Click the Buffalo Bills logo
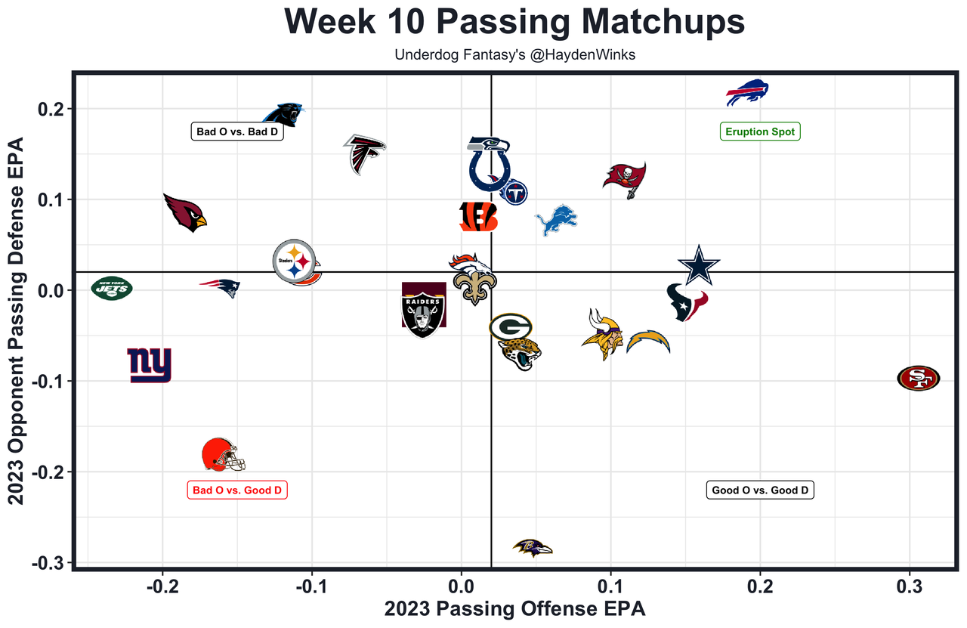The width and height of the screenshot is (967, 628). point(747,93)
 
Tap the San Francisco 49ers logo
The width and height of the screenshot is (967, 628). point(919,378)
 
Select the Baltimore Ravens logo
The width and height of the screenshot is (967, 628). point(533,548)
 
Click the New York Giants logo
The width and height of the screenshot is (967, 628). point(150,366)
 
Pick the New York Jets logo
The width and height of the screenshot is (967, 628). point(112,288)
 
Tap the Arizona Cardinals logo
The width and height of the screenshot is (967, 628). point(184,212)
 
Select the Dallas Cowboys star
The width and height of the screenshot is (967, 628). point(700,265)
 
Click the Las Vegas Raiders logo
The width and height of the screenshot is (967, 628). point(424,309)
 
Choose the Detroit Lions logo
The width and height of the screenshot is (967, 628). point(556,220)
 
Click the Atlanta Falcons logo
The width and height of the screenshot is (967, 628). point(364,153)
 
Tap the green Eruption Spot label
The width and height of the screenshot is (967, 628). point(760,131)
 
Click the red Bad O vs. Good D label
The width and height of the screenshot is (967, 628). point(237,490)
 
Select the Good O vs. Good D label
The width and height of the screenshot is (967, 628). point(761,490)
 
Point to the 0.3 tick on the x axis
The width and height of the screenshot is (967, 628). point(910,587)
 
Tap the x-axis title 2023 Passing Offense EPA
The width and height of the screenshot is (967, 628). point(515,609)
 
